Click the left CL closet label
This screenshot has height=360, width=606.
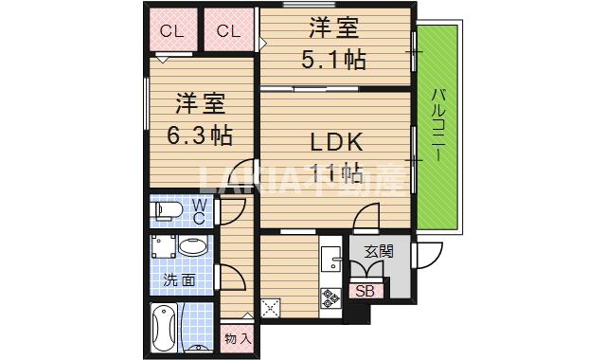(x=170, y=31)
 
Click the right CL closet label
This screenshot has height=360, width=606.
(x=228, y=31)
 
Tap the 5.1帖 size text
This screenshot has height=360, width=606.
(x=333, y=59)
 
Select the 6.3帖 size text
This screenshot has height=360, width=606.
(x=200, y=135)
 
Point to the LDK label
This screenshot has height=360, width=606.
(x=337, y=143)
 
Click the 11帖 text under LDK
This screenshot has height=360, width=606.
(x=337, y=172)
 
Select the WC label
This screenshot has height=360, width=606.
(x=201, y=210)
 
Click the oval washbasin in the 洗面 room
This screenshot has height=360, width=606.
(x=194, y=248)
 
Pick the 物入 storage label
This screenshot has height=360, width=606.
(x=238, y=336)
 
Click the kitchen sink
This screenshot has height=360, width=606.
(x=331, y=259)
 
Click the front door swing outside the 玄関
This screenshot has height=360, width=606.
(x=429, y=255)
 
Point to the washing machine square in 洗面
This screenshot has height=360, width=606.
(x=163, y=248)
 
